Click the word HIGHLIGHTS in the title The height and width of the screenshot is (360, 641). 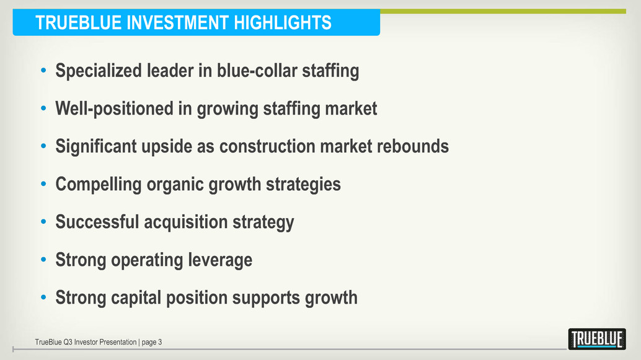(283, 22)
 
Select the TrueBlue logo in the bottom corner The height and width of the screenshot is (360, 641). (597, 339)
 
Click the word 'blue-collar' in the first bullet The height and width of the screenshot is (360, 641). (257, 70)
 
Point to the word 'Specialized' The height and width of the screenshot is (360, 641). (99, 71)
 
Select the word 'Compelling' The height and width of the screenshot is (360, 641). (99, 184)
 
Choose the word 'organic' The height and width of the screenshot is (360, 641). (175, 185)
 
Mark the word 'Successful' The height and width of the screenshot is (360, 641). (97, 222)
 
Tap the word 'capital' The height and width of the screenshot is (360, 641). (136, 298)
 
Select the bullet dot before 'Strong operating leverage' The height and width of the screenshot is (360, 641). (44, 259)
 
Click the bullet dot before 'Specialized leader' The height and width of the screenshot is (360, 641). (44, 70)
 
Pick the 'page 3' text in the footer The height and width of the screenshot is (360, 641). (152, 343)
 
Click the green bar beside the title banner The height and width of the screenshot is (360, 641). (503, 11)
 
